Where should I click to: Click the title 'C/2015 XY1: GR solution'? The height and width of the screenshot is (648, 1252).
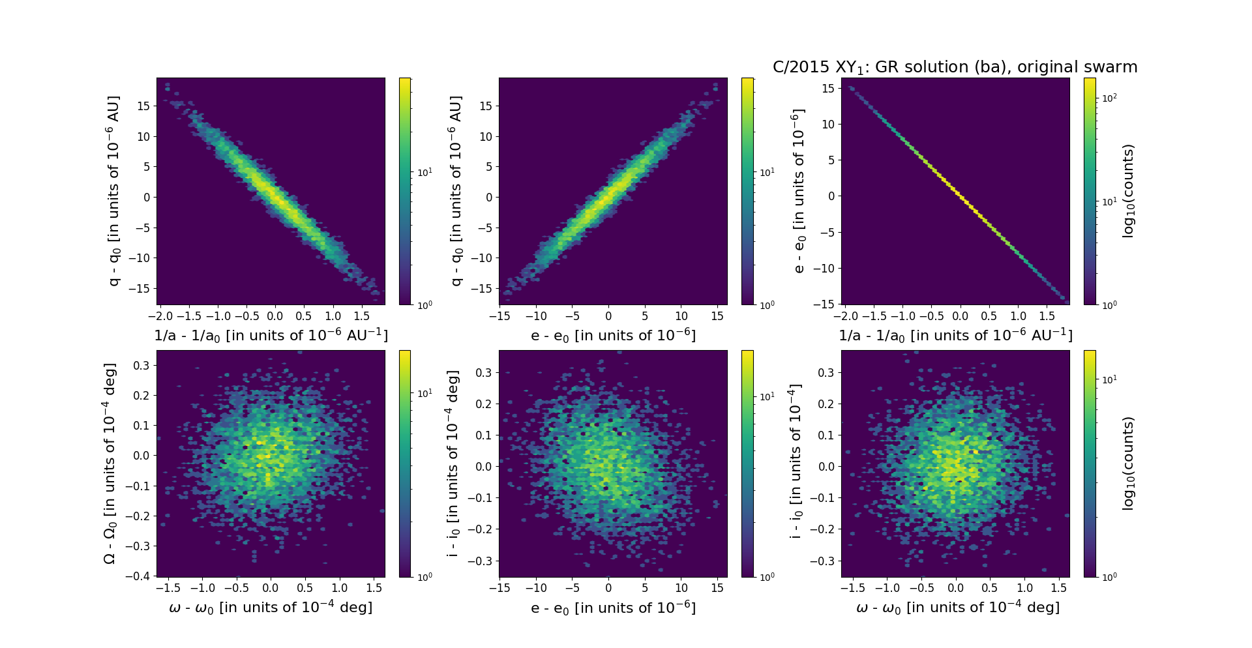pyautogui.click(x=955, y=67)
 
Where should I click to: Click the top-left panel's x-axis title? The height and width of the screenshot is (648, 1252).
pyautogui.click(x=271, y=335)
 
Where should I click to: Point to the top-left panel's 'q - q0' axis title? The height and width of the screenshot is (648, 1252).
pyautogui.click(x=114, y=191)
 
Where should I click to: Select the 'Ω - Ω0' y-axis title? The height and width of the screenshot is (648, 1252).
pyautogui.click(x=110, y=464)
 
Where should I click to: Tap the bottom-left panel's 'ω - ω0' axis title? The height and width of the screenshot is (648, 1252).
pyautogui.click(x=271, y=608)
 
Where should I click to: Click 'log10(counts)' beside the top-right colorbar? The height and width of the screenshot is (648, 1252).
pyautogui.click(x=1128, y=191)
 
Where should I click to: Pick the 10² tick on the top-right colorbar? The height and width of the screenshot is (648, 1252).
pyautogui.click(x=1109, y=98)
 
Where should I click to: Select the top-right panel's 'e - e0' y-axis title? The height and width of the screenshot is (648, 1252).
pyautogui.click(x=799, y=191)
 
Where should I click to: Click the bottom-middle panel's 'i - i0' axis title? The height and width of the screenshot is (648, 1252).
pyautogui.click(x=453, y=464)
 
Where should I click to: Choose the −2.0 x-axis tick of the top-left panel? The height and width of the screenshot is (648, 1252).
pyautogui.click(x=160, y=316)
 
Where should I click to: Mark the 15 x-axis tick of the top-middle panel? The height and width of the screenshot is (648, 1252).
pyautogui.click(x=717, y=316)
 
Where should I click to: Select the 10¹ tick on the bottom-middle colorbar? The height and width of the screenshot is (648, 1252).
pyautogui.click(x=767, y=396)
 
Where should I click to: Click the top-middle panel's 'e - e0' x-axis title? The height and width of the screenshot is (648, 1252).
pyautogui.click(x=613, y=335)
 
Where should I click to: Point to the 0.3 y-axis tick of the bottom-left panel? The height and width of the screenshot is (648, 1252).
pyautogui.click(x=142, y=365)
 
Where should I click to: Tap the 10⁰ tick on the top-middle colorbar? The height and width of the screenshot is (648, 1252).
pyautogui.click(x=767, y=304)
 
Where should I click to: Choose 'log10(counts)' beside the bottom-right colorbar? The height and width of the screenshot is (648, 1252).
pyautogui.click(x=1128, y=464)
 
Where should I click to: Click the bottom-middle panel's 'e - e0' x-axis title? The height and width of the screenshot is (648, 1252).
pyautogui.click(x=613, y=608)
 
